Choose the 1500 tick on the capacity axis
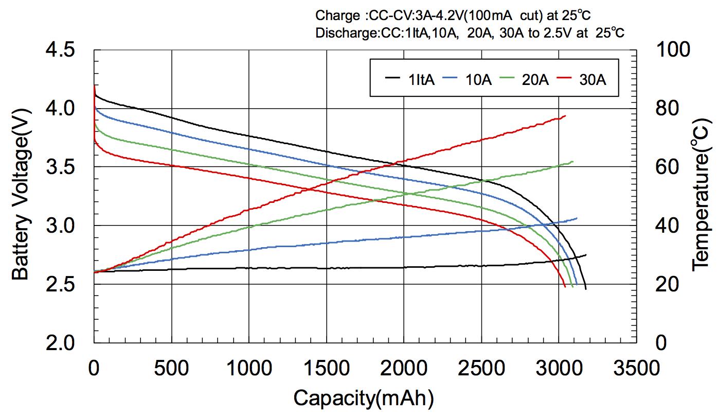[x=327, y=368]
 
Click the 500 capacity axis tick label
[x=171, y=368]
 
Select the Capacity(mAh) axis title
[x=364, y=398]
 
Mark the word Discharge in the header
[x=339, y=33]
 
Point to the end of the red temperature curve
[x=565, y=116]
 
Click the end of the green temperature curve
[x=572, y=162]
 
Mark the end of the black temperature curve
[x=586, y=255]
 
